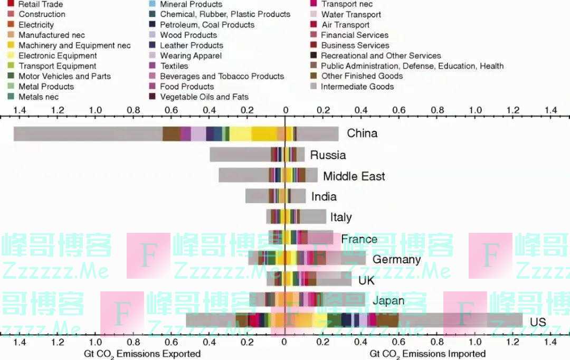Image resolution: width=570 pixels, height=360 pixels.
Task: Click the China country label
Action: click(362, 133)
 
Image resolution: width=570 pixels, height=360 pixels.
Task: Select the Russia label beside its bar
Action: click(328, 155)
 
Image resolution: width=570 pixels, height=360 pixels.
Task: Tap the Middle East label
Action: click(354, 176)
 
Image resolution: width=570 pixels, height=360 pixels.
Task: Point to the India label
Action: click(324, 197)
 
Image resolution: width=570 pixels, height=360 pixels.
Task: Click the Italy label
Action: click(341, 217)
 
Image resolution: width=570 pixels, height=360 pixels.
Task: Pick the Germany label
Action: click(396, 260)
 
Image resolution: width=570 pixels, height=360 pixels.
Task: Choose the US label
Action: click(538, 322)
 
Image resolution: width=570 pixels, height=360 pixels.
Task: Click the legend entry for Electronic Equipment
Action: click(58, 56)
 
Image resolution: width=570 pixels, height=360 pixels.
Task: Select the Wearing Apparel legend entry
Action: click(191, 56)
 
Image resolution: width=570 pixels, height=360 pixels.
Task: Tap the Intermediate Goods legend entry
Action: click(357, 87)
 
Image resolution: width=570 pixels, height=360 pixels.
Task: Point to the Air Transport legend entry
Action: click(345, 25)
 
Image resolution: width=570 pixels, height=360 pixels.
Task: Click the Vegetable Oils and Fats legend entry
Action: click(204, 97)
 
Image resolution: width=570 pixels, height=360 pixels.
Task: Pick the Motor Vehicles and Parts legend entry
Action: click(64, 77)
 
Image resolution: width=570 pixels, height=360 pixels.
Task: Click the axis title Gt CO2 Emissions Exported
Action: click(142, 354)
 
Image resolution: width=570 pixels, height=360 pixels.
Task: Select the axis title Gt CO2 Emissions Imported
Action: click(427, 354)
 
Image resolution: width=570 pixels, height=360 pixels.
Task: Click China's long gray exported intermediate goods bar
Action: click(88, 134)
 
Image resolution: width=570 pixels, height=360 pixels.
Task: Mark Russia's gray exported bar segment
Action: click(240, 155)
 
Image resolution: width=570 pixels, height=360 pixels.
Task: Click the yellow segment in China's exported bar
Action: click(264, 134)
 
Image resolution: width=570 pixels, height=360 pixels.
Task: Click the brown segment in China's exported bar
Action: click(171, 134)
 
